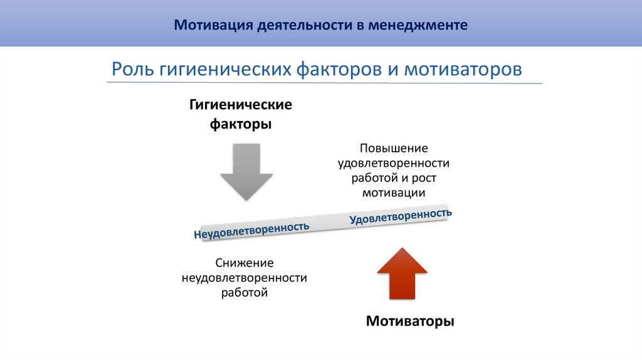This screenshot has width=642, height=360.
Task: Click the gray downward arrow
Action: (x=246, y=172)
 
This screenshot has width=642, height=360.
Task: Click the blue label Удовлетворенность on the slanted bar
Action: (x=401, y=216)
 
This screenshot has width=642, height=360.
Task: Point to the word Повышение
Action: (x=394, y=149)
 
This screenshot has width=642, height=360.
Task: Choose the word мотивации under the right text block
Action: (x=394, y=193)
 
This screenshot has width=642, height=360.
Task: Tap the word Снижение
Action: (x=245, y=263)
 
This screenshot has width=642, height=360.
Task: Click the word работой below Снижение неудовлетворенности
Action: (x=245, y=292)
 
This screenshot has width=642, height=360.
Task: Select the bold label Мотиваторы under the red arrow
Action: (x=409, y=322)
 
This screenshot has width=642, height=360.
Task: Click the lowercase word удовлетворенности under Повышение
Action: (x=394, y=164)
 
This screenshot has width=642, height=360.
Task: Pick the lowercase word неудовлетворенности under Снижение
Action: (x=245, y=278)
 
